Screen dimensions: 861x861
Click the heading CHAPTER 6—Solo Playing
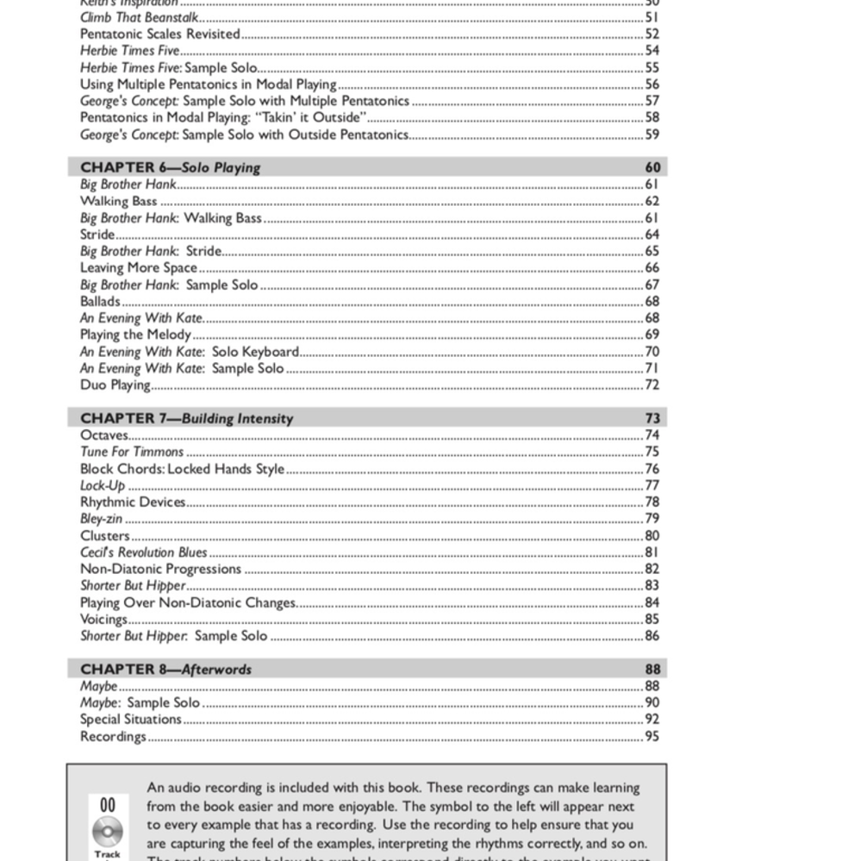pyautogui.click(x=170, y=167)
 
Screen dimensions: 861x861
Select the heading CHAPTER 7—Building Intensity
pyautogui.click(x=186, y=418)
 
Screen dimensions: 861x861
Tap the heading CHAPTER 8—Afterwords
pyautogui.click(x=165, y=669)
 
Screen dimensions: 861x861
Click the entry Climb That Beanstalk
pyautogui.click(x=139, y=17)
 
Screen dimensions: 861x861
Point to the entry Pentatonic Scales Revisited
pyautogui.click(x=159, y=34)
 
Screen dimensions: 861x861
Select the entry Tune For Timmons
pyautogui.click(x=132, y=452)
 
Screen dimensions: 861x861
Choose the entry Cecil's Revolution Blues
pyautogui.click(x=144, y=552)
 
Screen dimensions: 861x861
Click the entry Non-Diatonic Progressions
pyautogui.click(x=160, y=569)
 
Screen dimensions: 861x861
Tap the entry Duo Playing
pyautogui.click(x=115, y=385)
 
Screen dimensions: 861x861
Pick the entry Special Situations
pyautogui.click(x=130, y=719)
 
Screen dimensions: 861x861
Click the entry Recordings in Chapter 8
pyautogui.click(x=113, y=736)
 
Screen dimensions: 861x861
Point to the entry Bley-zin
pyautogui.click(x=101, y=519)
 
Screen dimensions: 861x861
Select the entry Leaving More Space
pyautogui.click(x=138, y=268)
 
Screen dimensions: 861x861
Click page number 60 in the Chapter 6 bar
pyautogui.click(x=652, y=167)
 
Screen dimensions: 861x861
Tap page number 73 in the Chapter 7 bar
pyautogui.click(x=652, y=418)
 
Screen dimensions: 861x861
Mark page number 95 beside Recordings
pyautogui.click(x=652, y=736)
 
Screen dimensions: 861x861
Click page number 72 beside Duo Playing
pyautogui.click(x=652, y=385)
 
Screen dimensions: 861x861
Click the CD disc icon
pyautogui.click(x=108, y=831)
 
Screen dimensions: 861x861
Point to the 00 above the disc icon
pyautogui.click(x=108, y=805)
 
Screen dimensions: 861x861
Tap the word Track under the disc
pyautogui.click(x=108, y=854)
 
